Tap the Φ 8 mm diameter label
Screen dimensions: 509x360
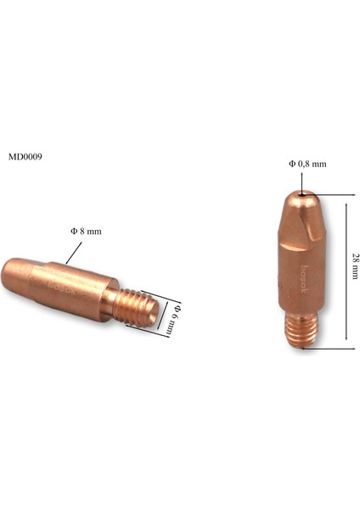pyautogui.click(x=87, y=231)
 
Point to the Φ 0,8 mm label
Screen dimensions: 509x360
pyautogui.click(x=307, y=163)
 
